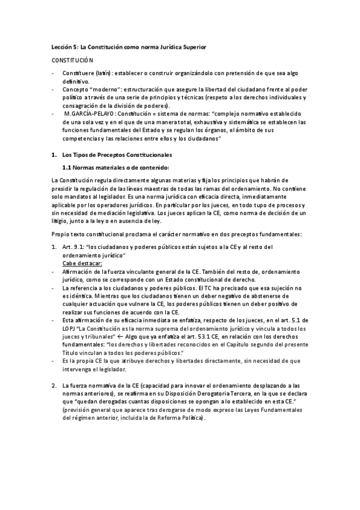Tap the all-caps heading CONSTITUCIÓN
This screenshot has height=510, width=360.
point(72,61)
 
